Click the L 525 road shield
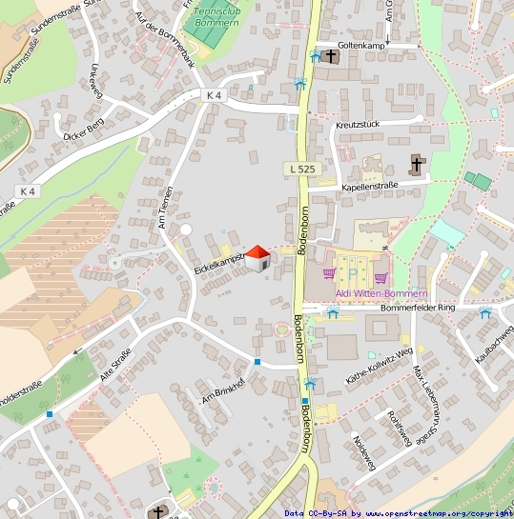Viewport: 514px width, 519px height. click(299, 169)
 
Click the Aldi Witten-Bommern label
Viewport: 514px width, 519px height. click(351, 293)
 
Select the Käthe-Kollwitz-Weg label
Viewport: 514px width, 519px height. click(380, 364)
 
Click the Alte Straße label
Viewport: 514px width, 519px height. click(117, 364)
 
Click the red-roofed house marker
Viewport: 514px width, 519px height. click(257, 257)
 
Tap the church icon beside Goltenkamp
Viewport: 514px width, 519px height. click(330, 57)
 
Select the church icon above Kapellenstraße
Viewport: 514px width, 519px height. click(416, 165)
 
